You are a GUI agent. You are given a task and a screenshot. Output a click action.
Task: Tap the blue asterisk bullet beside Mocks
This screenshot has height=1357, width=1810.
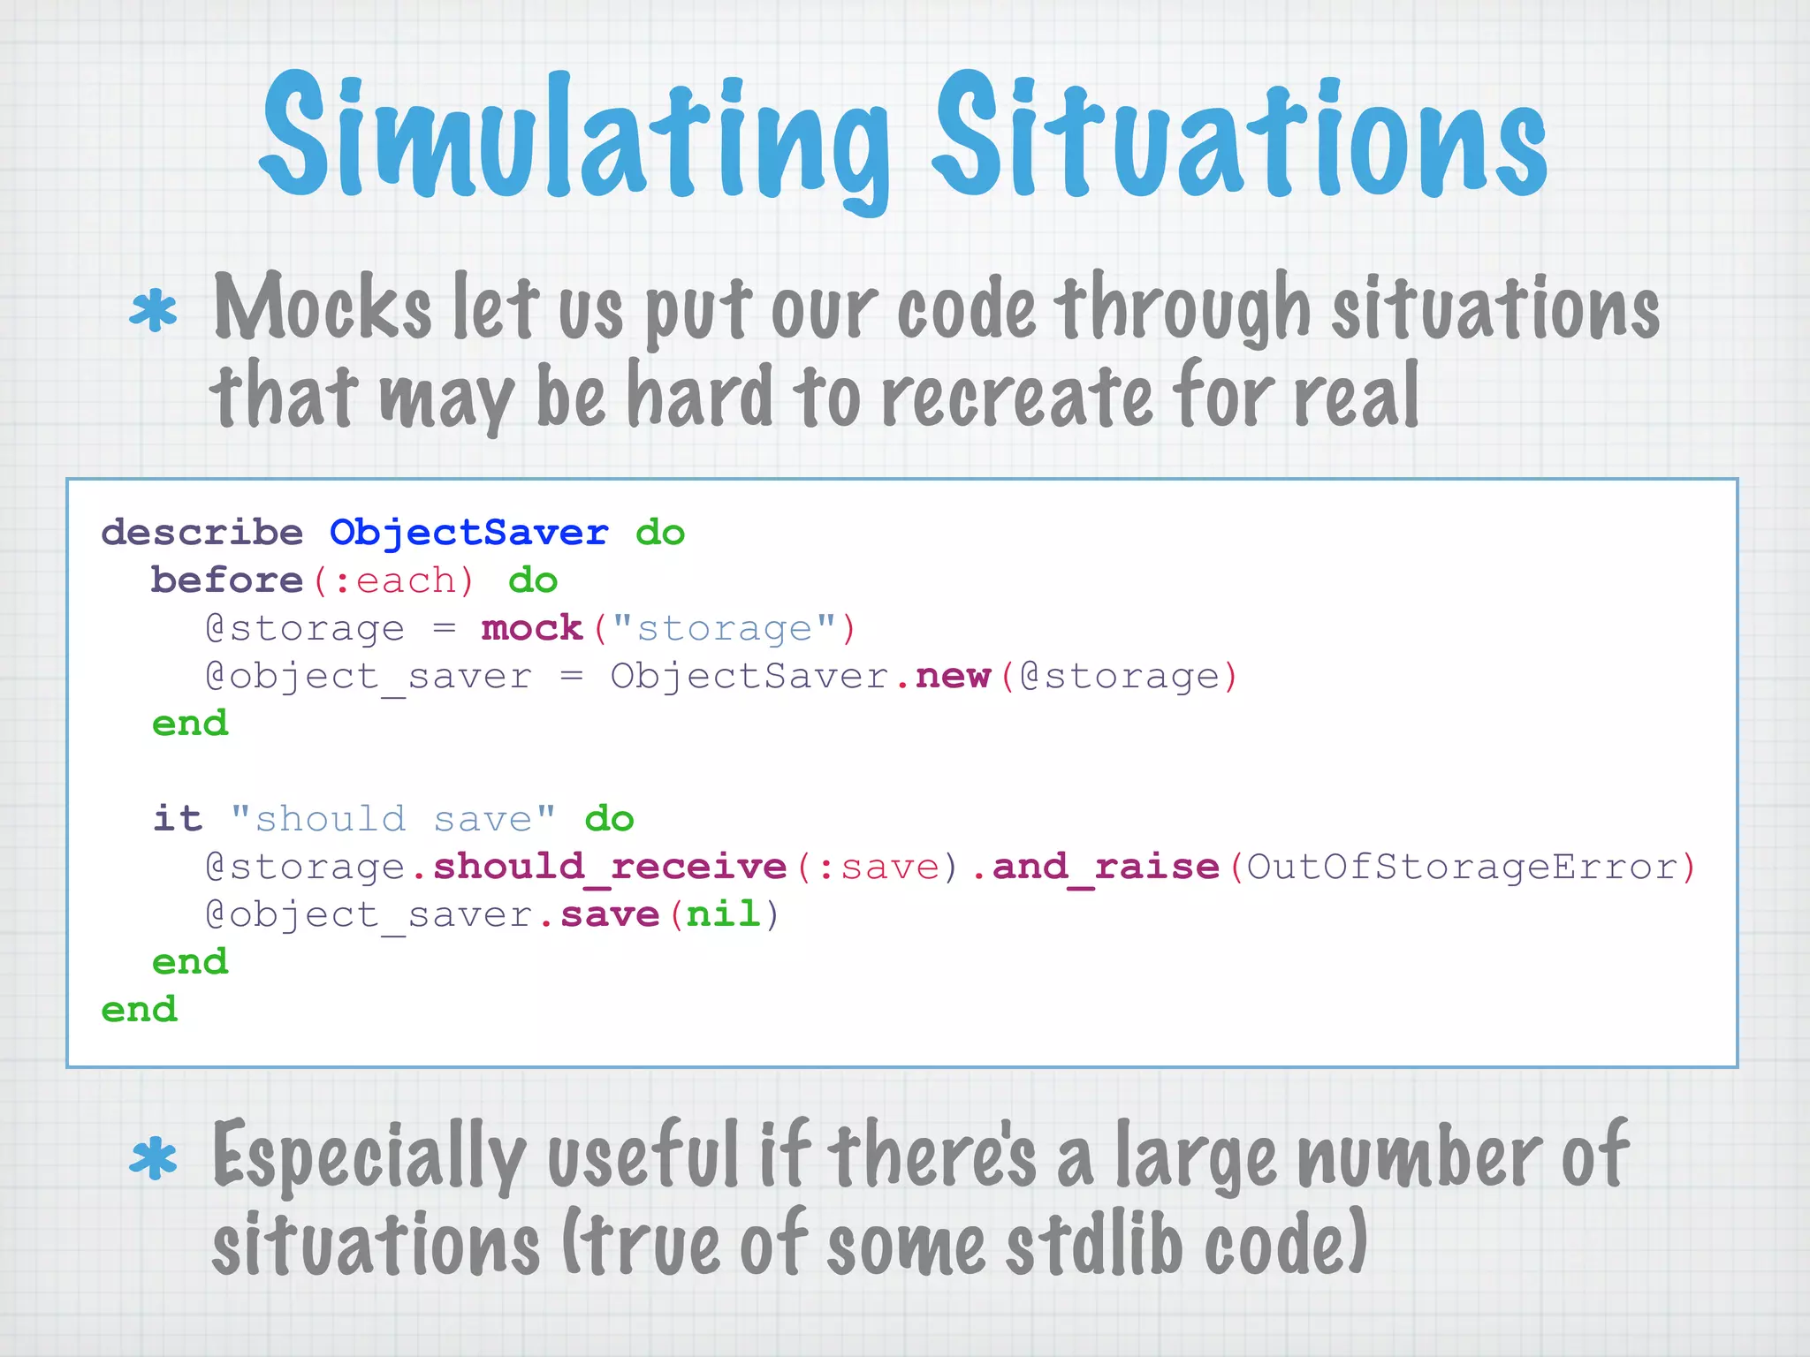click(153, 311)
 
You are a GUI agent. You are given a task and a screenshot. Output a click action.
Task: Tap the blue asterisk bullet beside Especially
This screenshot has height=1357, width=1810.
click(153, 1159)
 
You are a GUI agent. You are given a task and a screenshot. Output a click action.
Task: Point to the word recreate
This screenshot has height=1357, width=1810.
click(1016, 398)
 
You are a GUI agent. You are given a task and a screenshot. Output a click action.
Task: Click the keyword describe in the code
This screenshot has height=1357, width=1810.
click(202, 533)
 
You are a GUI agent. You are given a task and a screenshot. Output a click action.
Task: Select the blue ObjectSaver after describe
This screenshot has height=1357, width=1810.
click(468, 533)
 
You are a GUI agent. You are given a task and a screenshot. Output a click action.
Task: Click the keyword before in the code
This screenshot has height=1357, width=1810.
click(227, 580)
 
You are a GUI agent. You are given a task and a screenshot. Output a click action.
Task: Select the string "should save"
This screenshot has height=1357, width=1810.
click(393, 819)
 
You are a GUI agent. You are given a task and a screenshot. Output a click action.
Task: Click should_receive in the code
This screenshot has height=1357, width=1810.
click(610, 867)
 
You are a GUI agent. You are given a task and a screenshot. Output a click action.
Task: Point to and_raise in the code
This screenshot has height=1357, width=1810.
click(1105, 867)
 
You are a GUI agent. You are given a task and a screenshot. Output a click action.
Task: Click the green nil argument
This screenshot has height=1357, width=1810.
click(723, 914)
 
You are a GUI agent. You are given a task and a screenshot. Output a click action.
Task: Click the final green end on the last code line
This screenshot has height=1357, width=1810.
click(140, 1010)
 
